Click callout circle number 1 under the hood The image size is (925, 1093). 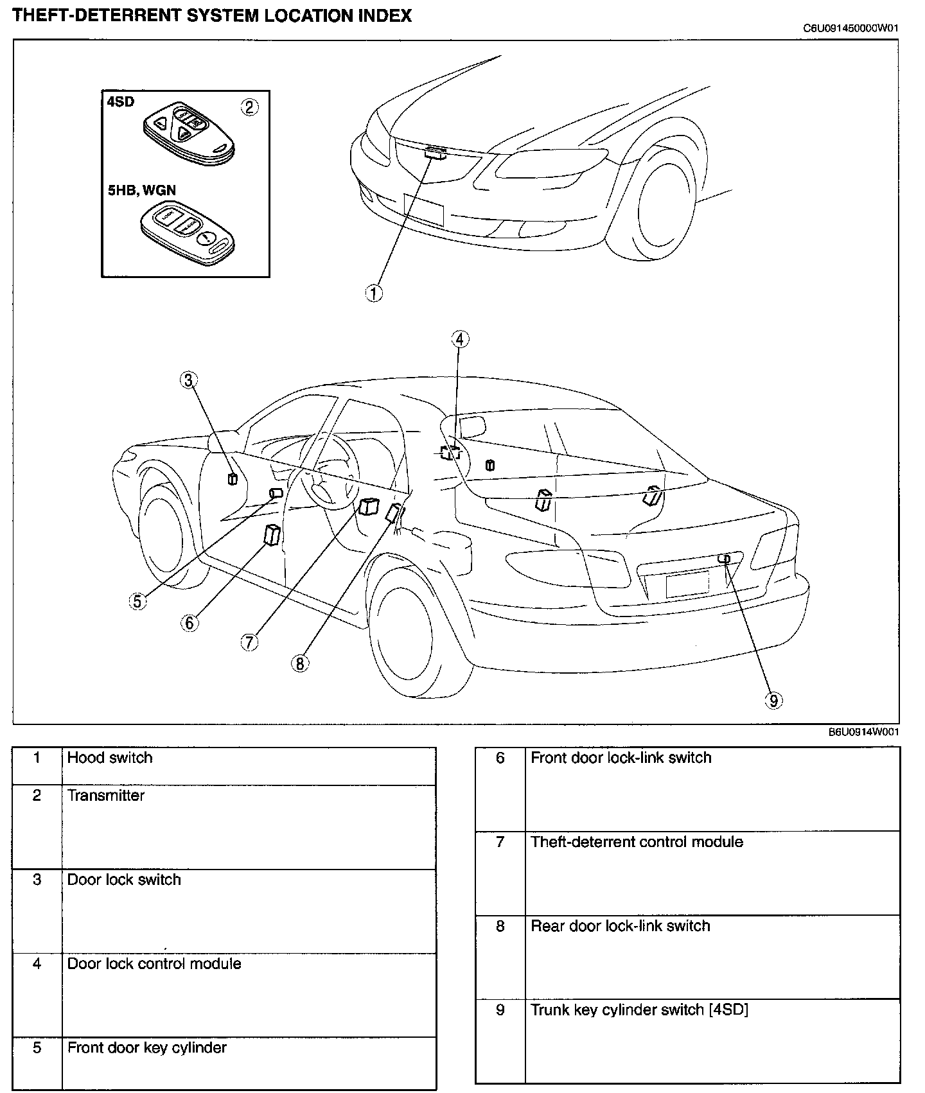374,293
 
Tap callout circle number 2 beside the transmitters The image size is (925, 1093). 249,107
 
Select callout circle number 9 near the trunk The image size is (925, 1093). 773,701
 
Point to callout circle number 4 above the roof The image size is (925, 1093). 460,338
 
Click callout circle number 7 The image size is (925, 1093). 250,642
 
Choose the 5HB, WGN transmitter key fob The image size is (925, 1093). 186,233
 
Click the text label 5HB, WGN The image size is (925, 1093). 141,190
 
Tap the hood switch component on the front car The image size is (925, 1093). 436,152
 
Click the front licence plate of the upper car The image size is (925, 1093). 423,209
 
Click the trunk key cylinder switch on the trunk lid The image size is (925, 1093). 725,559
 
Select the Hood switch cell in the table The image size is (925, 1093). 110,758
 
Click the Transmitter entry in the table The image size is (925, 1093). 106,796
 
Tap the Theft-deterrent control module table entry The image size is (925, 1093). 637,842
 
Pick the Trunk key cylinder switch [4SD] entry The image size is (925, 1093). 639,1010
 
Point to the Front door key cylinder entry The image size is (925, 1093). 147,1048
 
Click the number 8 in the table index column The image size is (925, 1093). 500,926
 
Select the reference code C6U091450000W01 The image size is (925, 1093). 850,28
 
